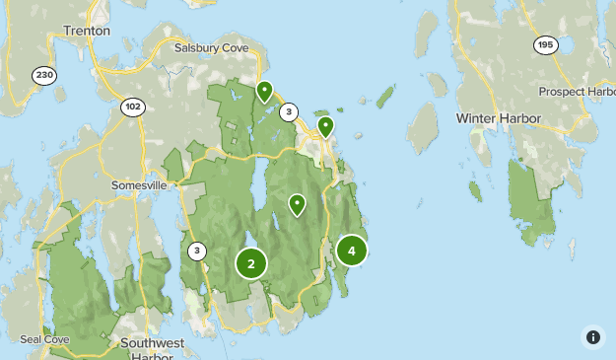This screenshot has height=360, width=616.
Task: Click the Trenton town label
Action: pyautogui.click(x=87, y=31)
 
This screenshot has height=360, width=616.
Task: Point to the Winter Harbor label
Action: pyautogui.click(x=499, y=118)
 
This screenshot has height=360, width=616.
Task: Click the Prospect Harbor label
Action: pyautogui.click(x=578, y=92)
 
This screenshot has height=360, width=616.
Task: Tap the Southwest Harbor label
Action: pyautogui.click(x=152, y=350)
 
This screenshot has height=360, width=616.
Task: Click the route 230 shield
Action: pyautogui.click(x=43, y=76)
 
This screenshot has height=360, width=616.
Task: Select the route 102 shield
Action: pyautogui.click(x=134, y=105)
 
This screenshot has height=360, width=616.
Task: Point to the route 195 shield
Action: pyautogui.click(x=545, y=44)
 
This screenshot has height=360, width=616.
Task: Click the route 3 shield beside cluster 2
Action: pyautogui.click(x=197, y=252)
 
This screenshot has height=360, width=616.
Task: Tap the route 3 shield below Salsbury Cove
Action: pyautogui.click(x=289, y=112)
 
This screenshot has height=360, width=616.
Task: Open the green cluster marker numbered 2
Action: pyautogui.click(x=251, y=263)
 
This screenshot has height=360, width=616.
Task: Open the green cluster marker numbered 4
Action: pyautogui.click(x=352, y=251)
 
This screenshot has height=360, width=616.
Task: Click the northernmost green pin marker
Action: pyautogui.click(x=264, y=92)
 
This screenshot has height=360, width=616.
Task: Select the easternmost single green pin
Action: pyautogui.click(x=325, y=127)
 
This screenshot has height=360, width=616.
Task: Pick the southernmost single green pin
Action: pyautogui.click(x=297, y=204)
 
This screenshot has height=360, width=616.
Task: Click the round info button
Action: pyautogui.click(x=593, y=337)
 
